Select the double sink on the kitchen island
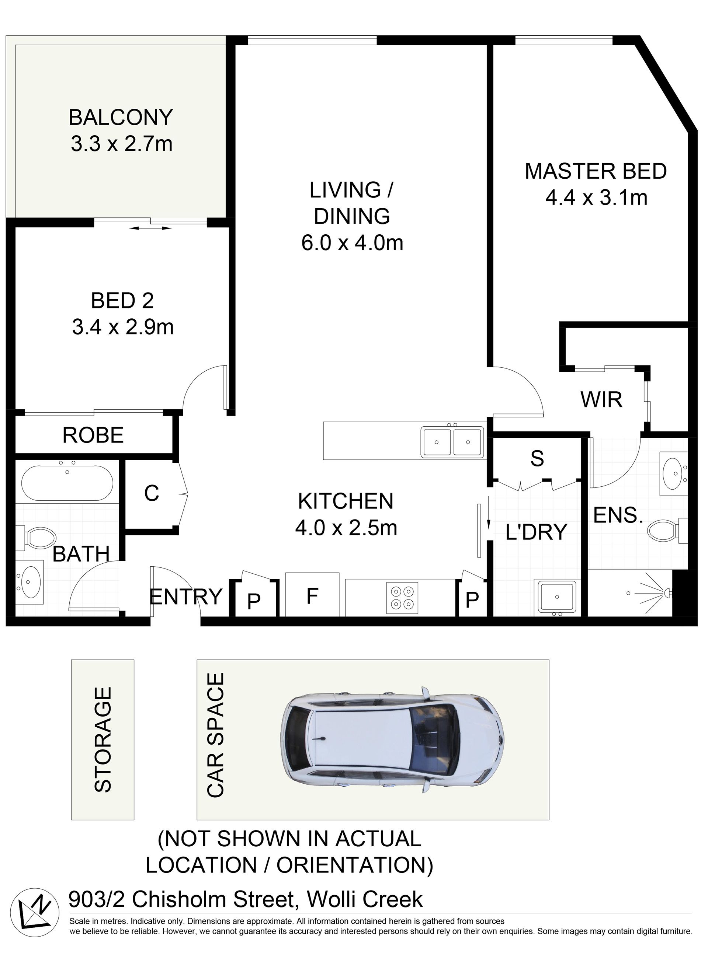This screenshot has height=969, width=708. click(452, 442)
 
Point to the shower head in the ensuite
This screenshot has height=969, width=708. click(667, 592)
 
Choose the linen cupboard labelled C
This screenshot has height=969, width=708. click(152, 494)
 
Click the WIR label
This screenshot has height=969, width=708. click(601, 399)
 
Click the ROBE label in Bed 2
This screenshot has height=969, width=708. click(93, 435)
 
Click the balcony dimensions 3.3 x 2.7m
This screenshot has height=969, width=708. click(122, 144)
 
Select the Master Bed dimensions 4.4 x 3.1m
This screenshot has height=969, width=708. click(596, 198)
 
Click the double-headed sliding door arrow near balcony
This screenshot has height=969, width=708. click(150, 228)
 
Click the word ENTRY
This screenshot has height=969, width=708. click(185, 596)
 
